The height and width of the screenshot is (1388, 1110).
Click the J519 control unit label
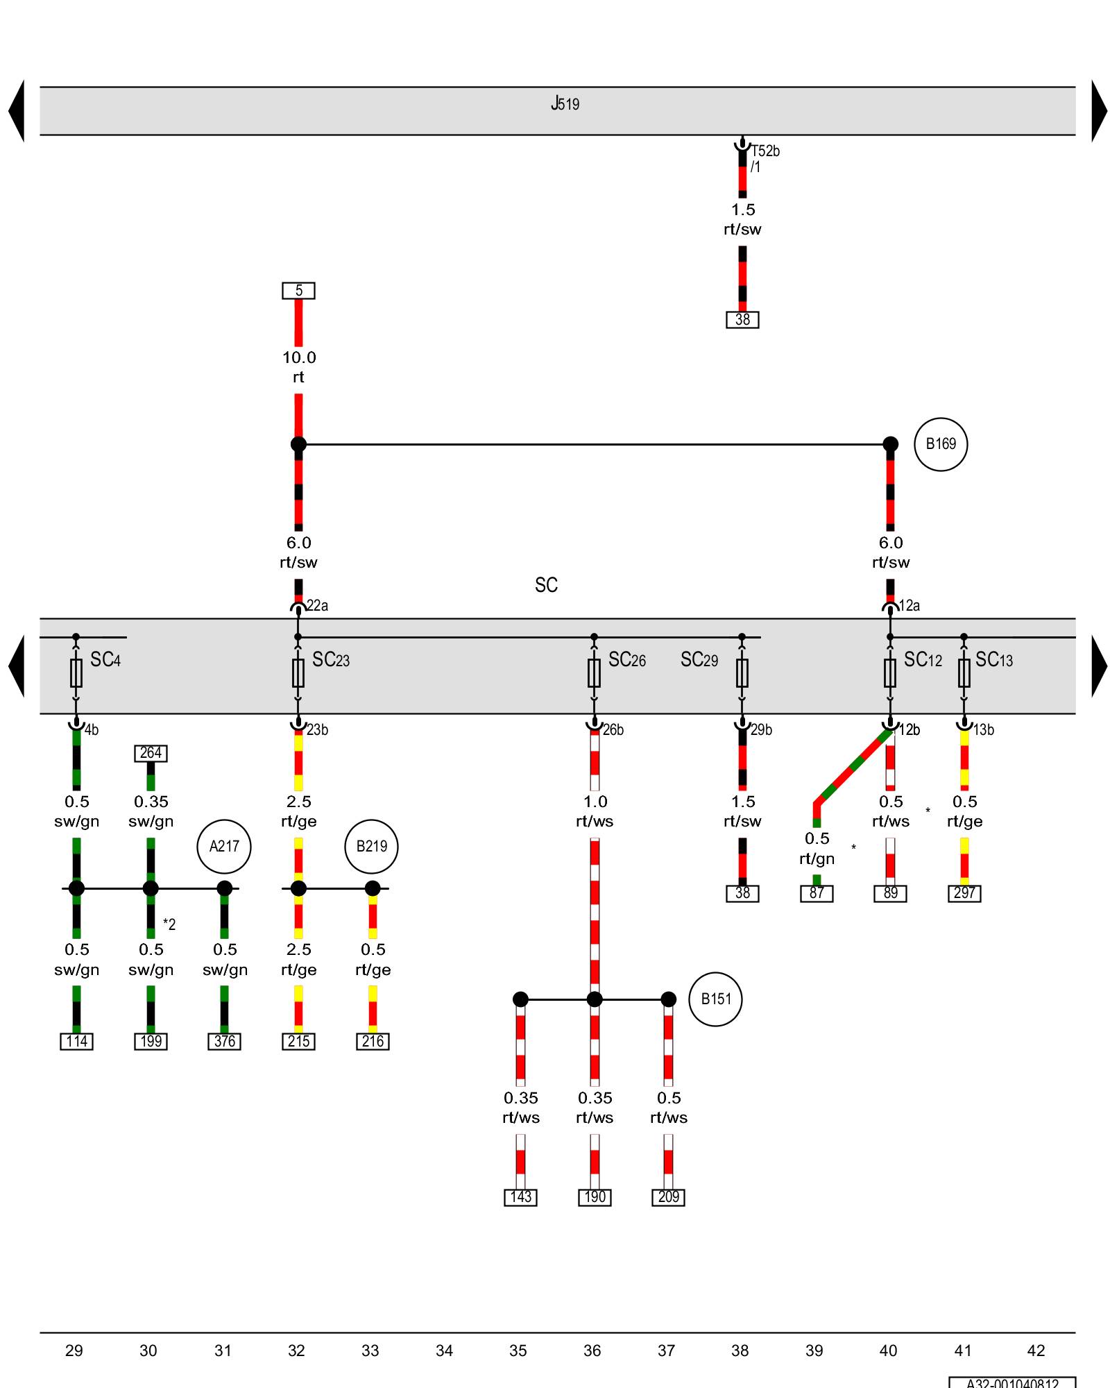point(565,104)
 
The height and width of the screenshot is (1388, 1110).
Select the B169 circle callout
point(940,444)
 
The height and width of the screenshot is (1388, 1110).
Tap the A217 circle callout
point(223,846)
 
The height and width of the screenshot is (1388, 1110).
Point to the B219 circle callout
point(371,846)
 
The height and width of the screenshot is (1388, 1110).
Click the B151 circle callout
point(715,999)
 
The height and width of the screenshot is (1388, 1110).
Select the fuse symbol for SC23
point(298,672)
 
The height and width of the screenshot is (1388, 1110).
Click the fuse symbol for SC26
point(594,672)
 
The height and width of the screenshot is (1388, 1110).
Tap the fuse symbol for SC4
point(76,672)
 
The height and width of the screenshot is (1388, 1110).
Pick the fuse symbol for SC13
point(964,672)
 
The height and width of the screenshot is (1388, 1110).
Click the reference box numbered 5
point(298,291)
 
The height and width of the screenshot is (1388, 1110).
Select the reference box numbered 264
point(151,753)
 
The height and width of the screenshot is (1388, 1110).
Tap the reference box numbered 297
point(964,893)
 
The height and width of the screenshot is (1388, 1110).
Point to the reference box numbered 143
point(520,1197)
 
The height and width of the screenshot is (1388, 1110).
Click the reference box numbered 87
point(817,893)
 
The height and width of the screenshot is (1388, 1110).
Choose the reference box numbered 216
point(373,1042)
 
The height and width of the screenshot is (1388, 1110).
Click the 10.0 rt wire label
point(298,367)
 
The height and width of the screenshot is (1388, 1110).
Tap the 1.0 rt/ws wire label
point(595,811)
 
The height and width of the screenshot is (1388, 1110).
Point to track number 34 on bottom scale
point(444,1351)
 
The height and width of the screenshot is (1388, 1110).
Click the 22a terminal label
point(317,606)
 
